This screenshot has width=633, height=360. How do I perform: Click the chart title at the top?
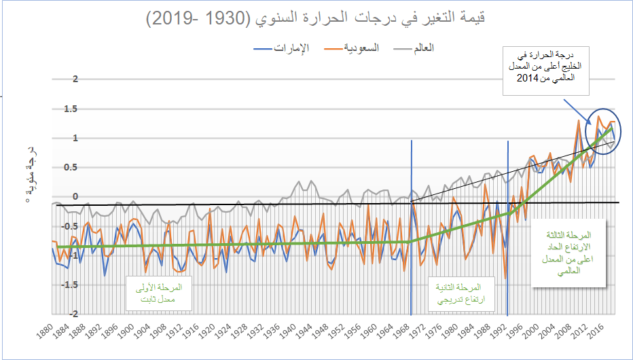point(316,18)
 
